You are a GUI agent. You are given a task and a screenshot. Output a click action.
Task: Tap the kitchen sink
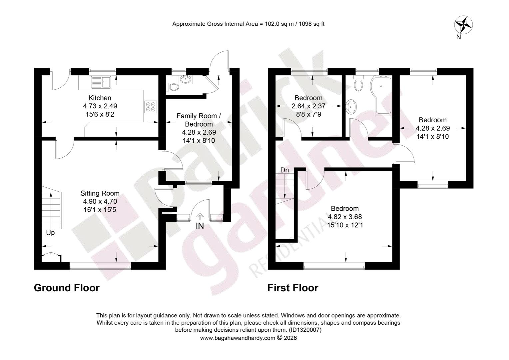(x=101, y=82)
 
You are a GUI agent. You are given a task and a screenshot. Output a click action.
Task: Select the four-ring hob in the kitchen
(x=151, y=107)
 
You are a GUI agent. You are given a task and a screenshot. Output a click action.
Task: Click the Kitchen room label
(x=100, y=98)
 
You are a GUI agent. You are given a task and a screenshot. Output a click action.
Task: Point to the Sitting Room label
(x=100, y=193)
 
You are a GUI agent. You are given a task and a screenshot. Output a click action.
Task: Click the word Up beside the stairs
(x=50, y=233)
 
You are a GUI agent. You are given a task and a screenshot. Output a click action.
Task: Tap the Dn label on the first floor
(x=285, y=170)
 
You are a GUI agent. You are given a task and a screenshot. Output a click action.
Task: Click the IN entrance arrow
(x=200, y=217)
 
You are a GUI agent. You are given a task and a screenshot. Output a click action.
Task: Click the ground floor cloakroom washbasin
(x=186, y=79)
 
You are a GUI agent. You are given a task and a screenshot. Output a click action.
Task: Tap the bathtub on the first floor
(x=381, y=96)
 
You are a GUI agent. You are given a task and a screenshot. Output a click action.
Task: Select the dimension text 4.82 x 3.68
(x=345, y=217)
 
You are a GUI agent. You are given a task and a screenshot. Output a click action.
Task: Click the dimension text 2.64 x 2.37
(x=308, y=106)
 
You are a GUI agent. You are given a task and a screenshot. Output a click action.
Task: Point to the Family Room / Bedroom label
(x=199, y=120)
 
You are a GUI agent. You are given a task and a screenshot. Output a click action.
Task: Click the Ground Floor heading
(x=67, y=288)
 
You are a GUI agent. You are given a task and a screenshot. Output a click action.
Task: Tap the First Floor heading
(x=293, y=288)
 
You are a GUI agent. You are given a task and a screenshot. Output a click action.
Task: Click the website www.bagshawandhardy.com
(x=238, y=338)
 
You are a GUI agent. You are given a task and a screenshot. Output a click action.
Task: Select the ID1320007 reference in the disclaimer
(x=305, y=330)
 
